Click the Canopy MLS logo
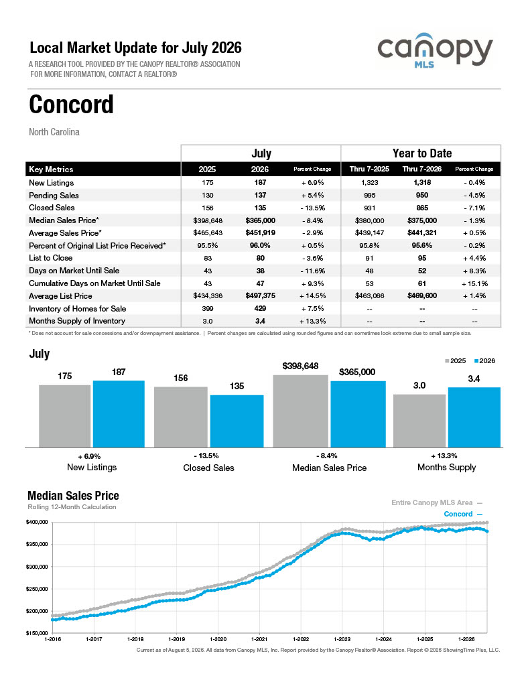coord(435,50)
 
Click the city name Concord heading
coord(71,105)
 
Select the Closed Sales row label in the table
coord(52,208)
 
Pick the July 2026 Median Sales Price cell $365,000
coord(261,220)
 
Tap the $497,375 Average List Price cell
coord(261,295)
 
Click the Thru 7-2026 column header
coord(422,169)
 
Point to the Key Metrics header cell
coord(51,169)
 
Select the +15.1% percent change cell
coord(474,283)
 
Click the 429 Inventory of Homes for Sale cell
coord(260,308)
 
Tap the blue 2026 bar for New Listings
coord(119,414)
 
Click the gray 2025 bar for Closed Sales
coord(181,417)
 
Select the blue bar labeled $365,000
coord(358,414)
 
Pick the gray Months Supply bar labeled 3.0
coord(419,421)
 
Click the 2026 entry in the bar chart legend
coord(485,361)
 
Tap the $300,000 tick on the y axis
coord(37,567)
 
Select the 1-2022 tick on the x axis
coord(301,639)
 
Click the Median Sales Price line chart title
coord(73,496)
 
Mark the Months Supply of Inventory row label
coord(77,321)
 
